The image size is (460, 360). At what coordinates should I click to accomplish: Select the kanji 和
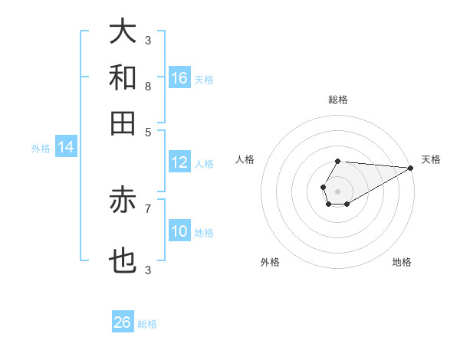[123, 77]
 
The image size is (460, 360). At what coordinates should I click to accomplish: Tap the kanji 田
[123, 123]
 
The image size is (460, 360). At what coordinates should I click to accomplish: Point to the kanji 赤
[123, 200]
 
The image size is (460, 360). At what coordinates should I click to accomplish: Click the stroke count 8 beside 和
[147, 86]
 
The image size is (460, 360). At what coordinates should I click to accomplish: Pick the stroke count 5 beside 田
[147, 131]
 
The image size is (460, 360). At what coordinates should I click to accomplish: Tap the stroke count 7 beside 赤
[147, 208]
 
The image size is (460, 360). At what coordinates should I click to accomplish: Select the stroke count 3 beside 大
[147, 40]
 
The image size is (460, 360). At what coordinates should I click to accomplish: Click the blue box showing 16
[179, 77]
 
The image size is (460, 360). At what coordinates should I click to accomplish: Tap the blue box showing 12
[179, 162]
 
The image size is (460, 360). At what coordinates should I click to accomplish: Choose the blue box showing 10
[179, 231]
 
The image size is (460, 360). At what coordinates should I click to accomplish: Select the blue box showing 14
[66, 147]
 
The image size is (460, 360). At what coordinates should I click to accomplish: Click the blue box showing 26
[123, 322]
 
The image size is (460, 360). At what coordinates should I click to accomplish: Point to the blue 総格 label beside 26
[147, 324]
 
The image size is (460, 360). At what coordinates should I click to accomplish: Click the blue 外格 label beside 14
[41, 149]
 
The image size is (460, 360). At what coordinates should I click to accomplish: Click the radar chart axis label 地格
[402, 263]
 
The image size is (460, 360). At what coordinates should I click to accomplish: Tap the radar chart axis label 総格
[338, 100]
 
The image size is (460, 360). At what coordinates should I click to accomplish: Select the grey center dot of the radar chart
[337, 190]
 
